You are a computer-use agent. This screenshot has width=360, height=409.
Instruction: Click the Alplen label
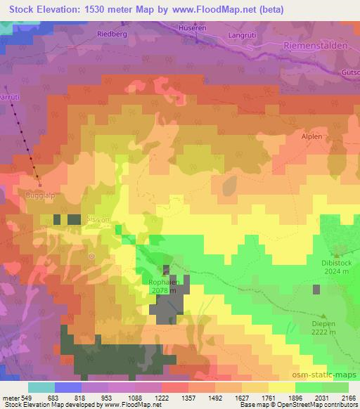(311, 138)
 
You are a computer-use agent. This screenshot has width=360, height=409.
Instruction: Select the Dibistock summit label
(335, 262)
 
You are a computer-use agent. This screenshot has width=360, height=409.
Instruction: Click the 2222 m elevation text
(326, 333)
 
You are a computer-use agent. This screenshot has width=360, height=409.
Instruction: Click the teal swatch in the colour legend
(41, 387)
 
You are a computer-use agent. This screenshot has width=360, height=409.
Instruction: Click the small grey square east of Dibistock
(316, 289)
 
